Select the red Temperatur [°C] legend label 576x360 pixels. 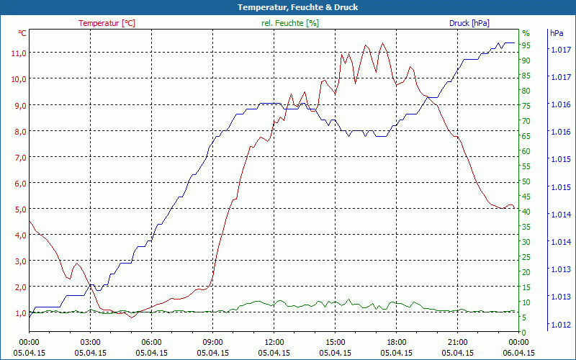[x=107, y=23]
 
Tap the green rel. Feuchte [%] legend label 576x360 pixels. [x=290, y=23]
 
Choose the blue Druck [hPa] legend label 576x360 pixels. [x=469, y=23]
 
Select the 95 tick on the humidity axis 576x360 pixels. [x=526, y=45]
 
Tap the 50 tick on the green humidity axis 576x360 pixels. [x=526, y=181]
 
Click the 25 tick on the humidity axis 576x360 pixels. [x=526, y=257]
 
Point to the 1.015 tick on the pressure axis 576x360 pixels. [x=561, y=187]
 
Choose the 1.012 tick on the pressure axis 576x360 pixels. [x=561, y=324]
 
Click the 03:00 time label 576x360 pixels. [x=90, y=342]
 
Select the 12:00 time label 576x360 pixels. [x=274, y=342]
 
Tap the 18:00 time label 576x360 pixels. [x=397, y=342]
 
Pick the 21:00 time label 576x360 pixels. [x=458, y=342]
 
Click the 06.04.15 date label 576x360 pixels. [x=519, y=353]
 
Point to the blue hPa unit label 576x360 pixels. [x=556, y=33]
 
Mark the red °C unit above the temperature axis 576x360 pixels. [x=22, y=33]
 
